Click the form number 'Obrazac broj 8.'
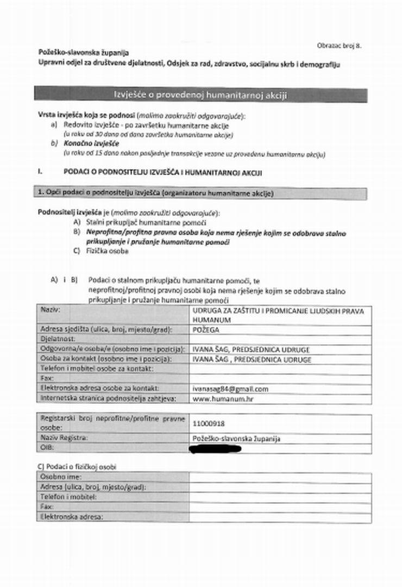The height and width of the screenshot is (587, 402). (x=340, y=46)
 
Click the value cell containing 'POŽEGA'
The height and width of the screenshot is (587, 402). (x=280, y=330)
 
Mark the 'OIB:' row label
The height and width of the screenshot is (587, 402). (x=48, y=448)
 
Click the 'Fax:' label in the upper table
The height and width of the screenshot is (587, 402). (x=47, y=379)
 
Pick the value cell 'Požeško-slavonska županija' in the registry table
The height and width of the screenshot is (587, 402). (x=236, y=439)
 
